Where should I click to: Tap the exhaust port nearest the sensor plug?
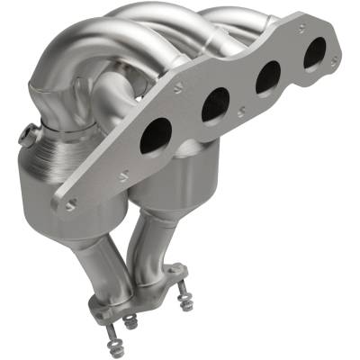point(155,134)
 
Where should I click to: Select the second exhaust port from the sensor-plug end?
point(215,104)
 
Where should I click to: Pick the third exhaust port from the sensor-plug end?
point(267,79)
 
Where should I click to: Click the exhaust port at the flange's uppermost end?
point(314,56)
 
